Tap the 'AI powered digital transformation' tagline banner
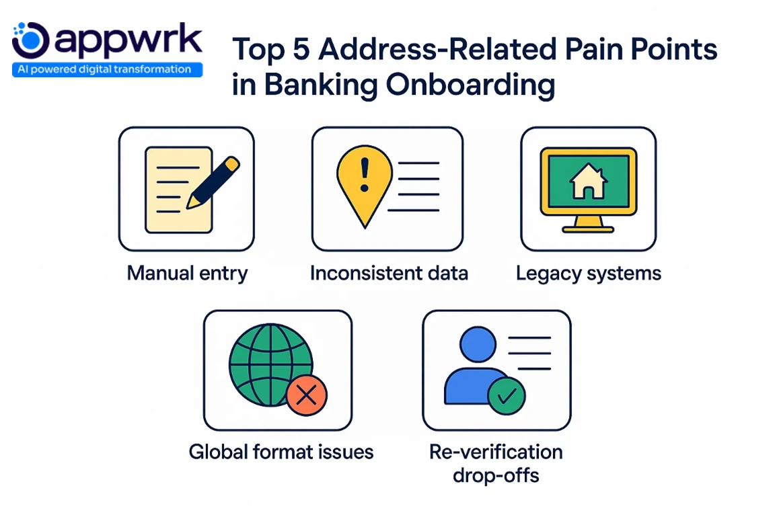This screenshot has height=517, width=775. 107,69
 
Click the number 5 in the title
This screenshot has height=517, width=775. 303,52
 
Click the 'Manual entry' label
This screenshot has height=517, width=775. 187,274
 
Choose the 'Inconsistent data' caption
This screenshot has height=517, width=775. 389,274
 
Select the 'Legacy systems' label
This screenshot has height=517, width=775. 588,274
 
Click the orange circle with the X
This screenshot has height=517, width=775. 306,395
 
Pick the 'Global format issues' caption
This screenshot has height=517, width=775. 281,451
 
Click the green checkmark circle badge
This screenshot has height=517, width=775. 506,394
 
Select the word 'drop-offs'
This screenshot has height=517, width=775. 496,475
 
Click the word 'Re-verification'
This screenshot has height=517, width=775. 496,451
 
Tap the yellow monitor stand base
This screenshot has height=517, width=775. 588,229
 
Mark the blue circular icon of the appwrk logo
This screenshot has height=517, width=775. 31,40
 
